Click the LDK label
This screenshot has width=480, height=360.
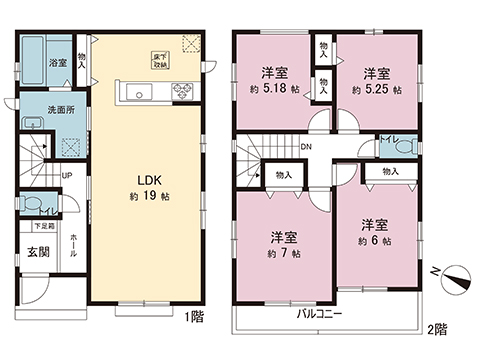(150, 180)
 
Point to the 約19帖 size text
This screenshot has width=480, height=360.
(150, 197)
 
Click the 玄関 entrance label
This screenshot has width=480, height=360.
(38, 251)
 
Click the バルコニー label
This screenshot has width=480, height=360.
(320, 314)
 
